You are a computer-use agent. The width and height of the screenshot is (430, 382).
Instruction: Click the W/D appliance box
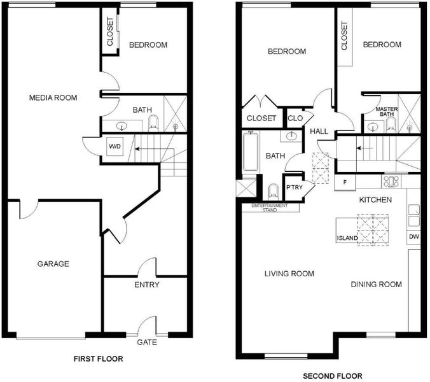coord(114,146)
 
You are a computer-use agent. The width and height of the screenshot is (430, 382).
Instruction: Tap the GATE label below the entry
coord(147,343)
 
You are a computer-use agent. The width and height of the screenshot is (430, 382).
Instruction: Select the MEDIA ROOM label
coord(53,97)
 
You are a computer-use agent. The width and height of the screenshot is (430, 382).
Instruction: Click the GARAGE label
coord(53,264)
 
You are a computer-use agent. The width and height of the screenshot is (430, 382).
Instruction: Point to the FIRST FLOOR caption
coord(99,358)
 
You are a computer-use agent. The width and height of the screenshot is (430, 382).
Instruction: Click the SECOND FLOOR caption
coord(333,376)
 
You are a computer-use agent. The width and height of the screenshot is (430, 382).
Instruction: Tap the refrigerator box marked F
coord(345,182)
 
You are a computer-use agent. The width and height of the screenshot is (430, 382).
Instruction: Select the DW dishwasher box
coord(414,236)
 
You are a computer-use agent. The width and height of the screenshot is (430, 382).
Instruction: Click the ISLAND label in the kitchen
coord(347,238)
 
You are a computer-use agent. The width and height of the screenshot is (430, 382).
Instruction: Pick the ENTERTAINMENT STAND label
coord(270,208)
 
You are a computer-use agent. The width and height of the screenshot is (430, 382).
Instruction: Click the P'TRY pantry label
coord(295,187)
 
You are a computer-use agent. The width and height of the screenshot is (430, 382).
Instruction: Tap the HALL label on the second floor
coord(319,131)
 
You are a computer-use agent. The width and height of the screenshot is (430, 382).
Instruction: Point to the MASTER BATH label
coord(387,111)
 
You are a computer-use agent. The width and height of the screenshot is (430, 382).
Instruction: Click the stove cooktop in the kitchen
coord(391,181)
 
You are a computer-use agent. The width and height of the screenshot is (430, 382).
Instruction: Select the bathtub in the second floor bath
coord(251,152)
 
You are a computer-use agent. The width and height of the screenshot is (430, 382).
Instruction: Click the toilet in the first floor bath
coord(153,124)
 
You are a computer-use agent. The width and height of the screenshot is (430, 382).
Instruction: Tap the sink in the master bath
coord(373,127)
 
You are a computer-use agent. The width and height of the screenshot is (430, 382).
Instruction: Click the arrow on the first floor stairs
coord(155,149)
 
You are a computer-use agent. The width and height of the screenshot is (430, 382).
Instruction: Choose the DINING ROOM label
coord(377,285)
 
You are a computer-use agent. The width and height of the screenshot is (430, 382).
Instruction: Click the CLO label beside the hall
coord(295,118)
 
